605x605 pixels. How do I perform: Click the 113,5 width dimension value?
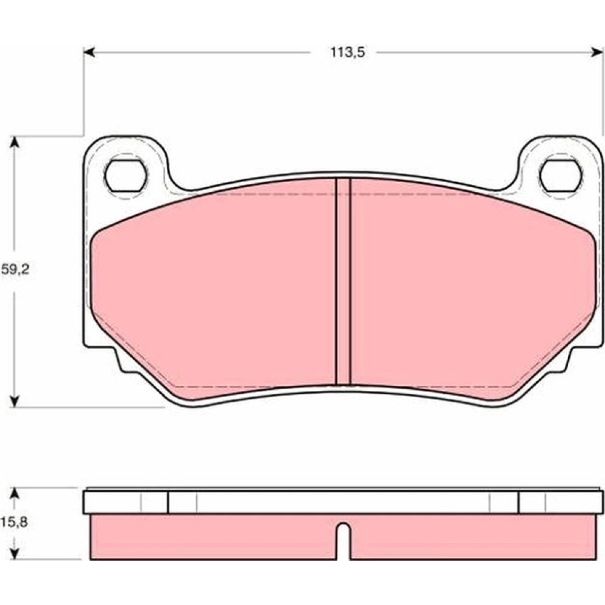point(347,52)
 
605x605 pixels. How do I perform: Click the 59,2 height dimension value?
point(15,269)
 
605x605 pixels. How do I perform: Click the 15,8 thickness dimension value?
point(14,523)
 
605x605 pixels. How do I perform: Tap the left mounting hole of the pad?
point(125,175)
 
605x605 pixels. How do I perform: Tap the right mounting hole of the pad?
point(561,175)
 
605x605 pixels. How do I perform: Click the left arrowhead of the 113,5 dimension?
point(89,52)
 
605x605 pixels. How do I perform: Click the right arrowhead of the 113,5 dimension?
point(597,52)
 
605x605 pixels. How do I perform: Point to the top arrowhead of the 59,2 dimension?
point(15,142)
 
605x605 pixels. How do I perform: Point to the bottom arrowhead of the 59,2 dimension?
point(15,401)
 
